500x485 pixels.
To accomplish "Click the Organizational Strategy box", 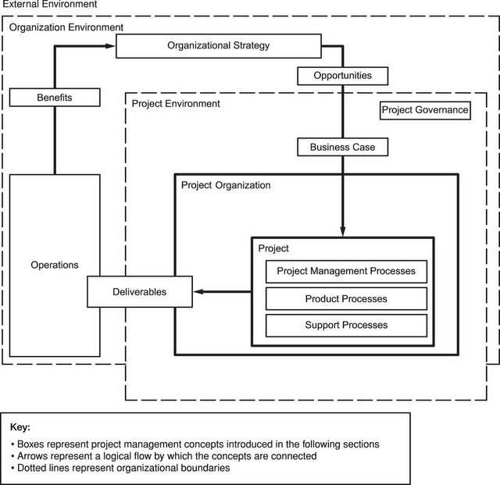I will click(218, 46).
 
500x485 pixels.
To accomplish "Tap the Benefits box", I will click(55, 98).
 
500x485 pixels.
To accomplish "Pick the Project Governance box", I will click(425, 110).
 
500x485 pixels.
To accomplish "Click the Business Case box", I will click(342, 146).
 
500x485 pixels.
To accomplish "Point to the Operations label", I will click(55, 265).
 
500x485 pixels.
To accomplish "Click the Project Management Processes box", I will click(346, 272).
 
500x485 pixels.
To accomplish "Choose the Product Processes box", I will click(346, 298).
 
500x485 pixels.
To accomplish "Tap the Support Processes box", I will click(346, 325).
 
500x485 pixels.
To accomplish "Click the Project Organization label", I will click(226, 186).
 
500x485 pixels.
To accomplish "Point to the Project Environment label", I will click(176, 103).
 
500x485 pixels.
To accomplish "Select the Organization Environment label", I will click(66, 27).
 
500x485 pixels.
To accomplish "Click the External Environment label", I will click(49, 5).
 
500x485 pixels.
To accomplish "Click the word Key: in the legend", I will click(20, 428).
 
